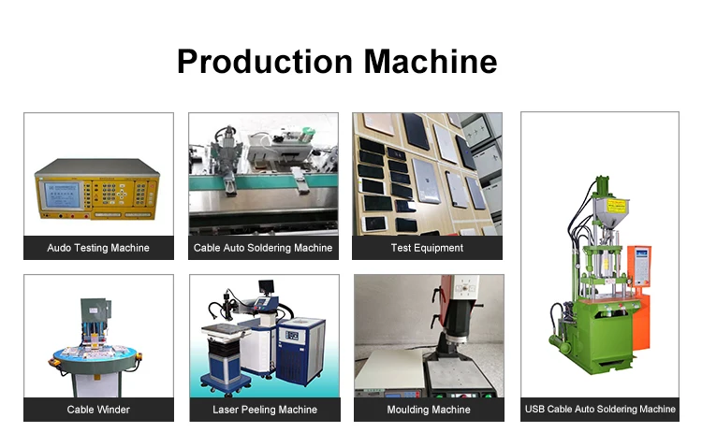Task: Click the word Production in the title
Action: coord(265,62)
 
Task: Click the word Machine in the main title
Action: coord(431,62)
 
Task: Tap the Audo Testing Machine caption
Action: coord(98,248)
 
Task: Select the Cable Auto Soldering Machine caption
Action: coord(263,248)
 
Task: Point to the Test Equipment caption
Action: coord(427,248)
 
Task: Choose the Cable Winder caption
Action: coord(98,410)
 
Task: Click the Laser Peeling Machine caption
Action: coord(265,410)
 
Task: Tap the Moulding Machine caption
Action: coord(429,410)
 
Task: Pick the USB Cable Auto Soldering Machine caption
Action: coord(600,409)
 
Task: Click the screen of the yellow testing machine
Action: coord(62,195)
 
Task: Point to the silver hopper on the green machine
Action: coord(610,212)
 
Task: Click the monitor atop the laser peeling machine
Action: coord(266,287)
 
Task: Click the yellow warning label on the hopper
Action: coord(616,207)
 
